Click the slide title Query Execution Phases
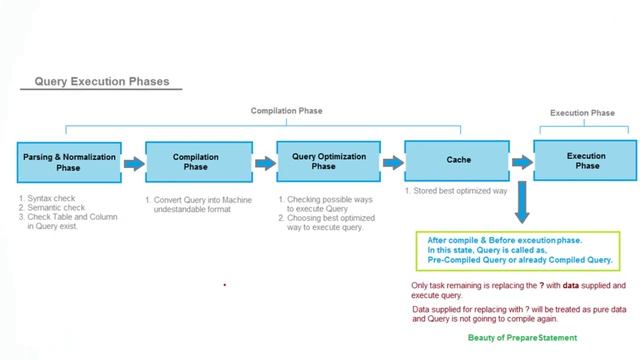(102, 82)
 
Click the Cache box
(450, 161)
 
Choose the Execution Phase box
(585, 161)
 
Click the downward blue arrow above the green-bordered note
(520, 208)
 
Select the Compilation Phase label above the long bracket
(286, 111)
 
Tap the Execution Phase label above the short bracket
(583, 113)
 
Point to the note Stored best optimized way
(456, 190)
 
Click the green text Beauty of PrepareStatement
(522, 338)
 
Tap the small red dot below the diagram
(225, 285)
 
